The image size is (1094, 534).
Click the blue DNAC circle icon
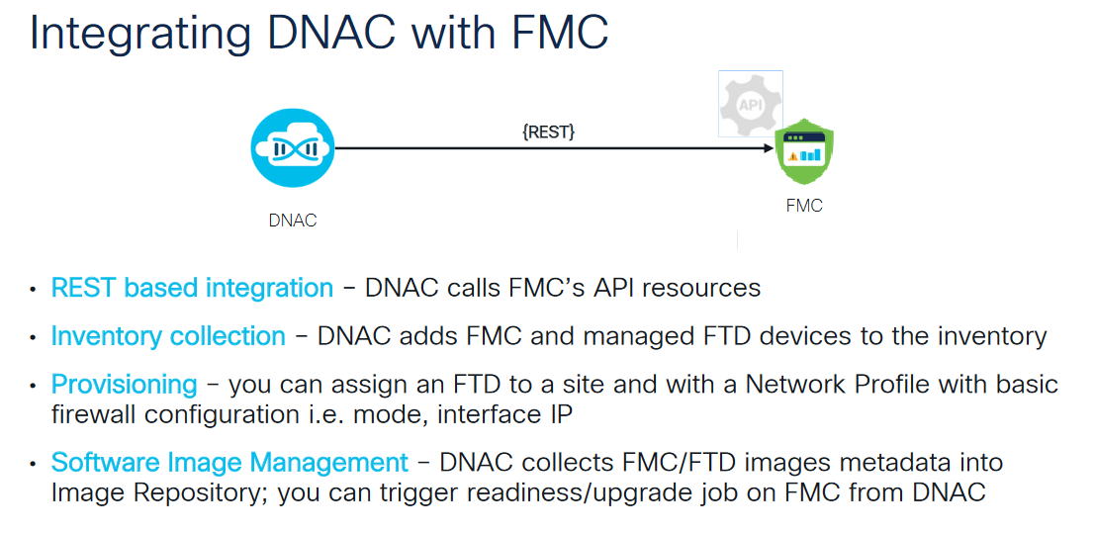(x=293, y=148)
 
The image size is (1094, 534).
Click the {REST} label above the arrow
(x=548, y=132)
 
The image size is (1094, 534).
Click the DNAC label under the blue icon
(x=293, y=221)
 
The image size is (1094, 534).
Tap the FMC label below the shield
(x=804, y=206)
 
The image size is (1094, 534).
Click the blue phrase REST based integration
(x=192, y=289)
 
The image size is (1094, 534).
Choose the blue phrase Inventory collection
(x=168, y=336)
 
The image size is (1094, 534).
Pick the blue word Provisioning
(x=125, y=384)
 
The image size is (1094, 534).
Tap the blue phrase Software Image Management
(x=229, y=462)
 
